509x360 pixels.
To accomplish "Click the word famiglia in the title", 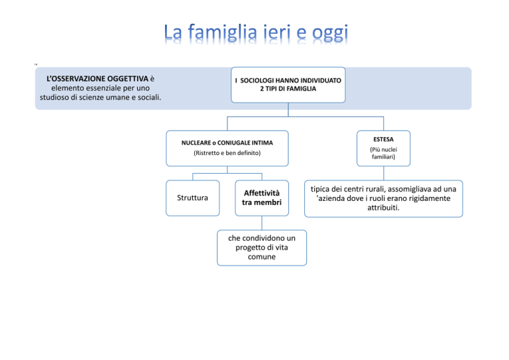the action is tap(223, 32).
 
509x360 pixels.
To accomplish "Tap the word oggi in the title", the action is tap(330, 33).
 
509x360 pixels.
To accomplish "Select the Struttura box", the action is tap(193, 198).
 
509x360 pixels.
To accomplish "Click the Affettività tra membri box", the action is tap(262, 198).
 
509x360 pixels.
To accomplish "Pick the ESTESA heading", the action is tap(383, 140).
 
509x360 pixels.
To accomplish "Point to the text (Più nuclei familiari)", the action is tap(383, 153).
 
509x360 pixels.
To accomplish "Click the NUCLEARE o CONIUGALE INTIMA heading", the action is tap(227, 143).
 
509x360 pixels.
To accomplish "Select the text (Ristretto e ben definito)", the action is tap(227, 153).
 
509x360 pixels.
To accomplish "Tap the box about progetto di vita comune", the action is tap(262, 248).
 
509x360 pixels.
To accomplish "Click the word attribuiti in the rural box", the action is tap(382, 208).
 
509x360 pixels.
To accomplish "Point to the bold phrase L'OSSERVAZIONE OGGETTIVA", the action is tap(97, 79).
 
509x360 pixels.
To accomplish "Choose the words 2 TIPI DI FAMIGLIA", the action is tap(288, 89).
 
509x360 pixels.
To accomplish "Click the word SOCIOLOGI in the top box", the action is tap(256, 80).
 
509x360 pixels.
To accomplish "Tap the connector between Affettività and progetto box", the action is tap(262, 223).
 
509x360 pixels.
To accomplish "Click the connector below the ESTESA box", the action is tap(384, 173).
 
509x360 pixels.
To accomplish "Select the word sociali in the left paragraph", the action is tap(149, 97).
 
